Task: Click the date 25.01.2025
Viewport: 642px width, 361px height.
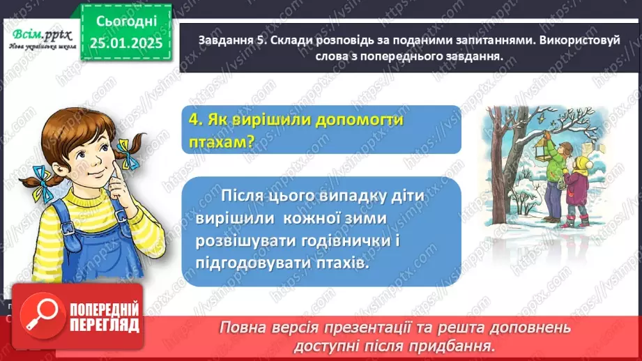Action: (x=125, y=43)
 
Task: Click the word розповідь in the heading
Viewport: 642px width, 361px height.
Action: (x=329, y=42)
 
